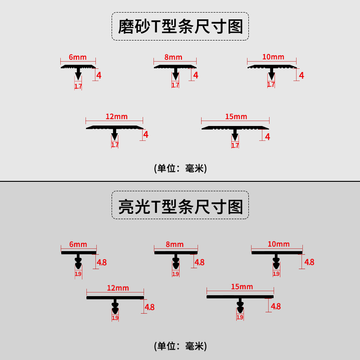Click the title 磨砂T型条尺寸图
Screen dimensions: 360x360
[180, 27]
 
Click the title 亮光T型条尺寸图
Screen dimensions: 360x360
[180, 207]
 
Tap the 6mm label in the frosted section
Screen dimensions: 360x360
[77, 57]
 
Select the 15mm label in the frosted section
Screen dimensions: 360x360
[236, 117]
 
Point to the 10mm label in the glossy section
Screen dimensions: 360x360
[279, 244]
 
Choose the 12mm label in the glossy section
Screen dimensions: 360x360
[118, 288]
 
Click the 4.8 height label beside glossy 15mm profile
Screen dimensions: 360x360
[276, 306]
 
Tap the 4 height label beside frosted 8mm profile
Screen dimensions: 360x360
[196, 75]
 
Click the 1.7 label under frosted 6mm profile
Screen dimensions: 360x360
[78, 86]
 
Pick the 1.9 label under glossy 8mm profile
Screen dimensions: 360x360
[175, 274]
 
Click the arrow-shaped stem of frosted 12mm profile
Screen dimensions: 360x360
[115, 134]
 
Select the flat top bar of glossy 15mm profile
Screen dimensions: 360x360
[240, 297]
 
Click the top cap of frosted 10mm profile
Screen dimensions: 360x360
[272, 67]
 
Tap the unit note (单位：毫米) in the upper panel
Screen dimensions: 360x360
[180, 168]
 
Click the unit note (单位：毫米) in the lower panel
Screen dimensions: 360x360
[180, 346]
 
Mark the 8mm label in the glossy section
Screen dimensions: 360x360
[175, 244]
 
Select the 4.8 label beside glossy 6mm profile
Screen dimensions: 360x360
[102, 262]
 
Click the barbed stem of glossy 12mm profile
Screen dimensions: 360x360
[115, 306]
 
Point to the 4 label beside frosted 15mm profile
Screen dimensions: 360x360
[267, 137]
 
